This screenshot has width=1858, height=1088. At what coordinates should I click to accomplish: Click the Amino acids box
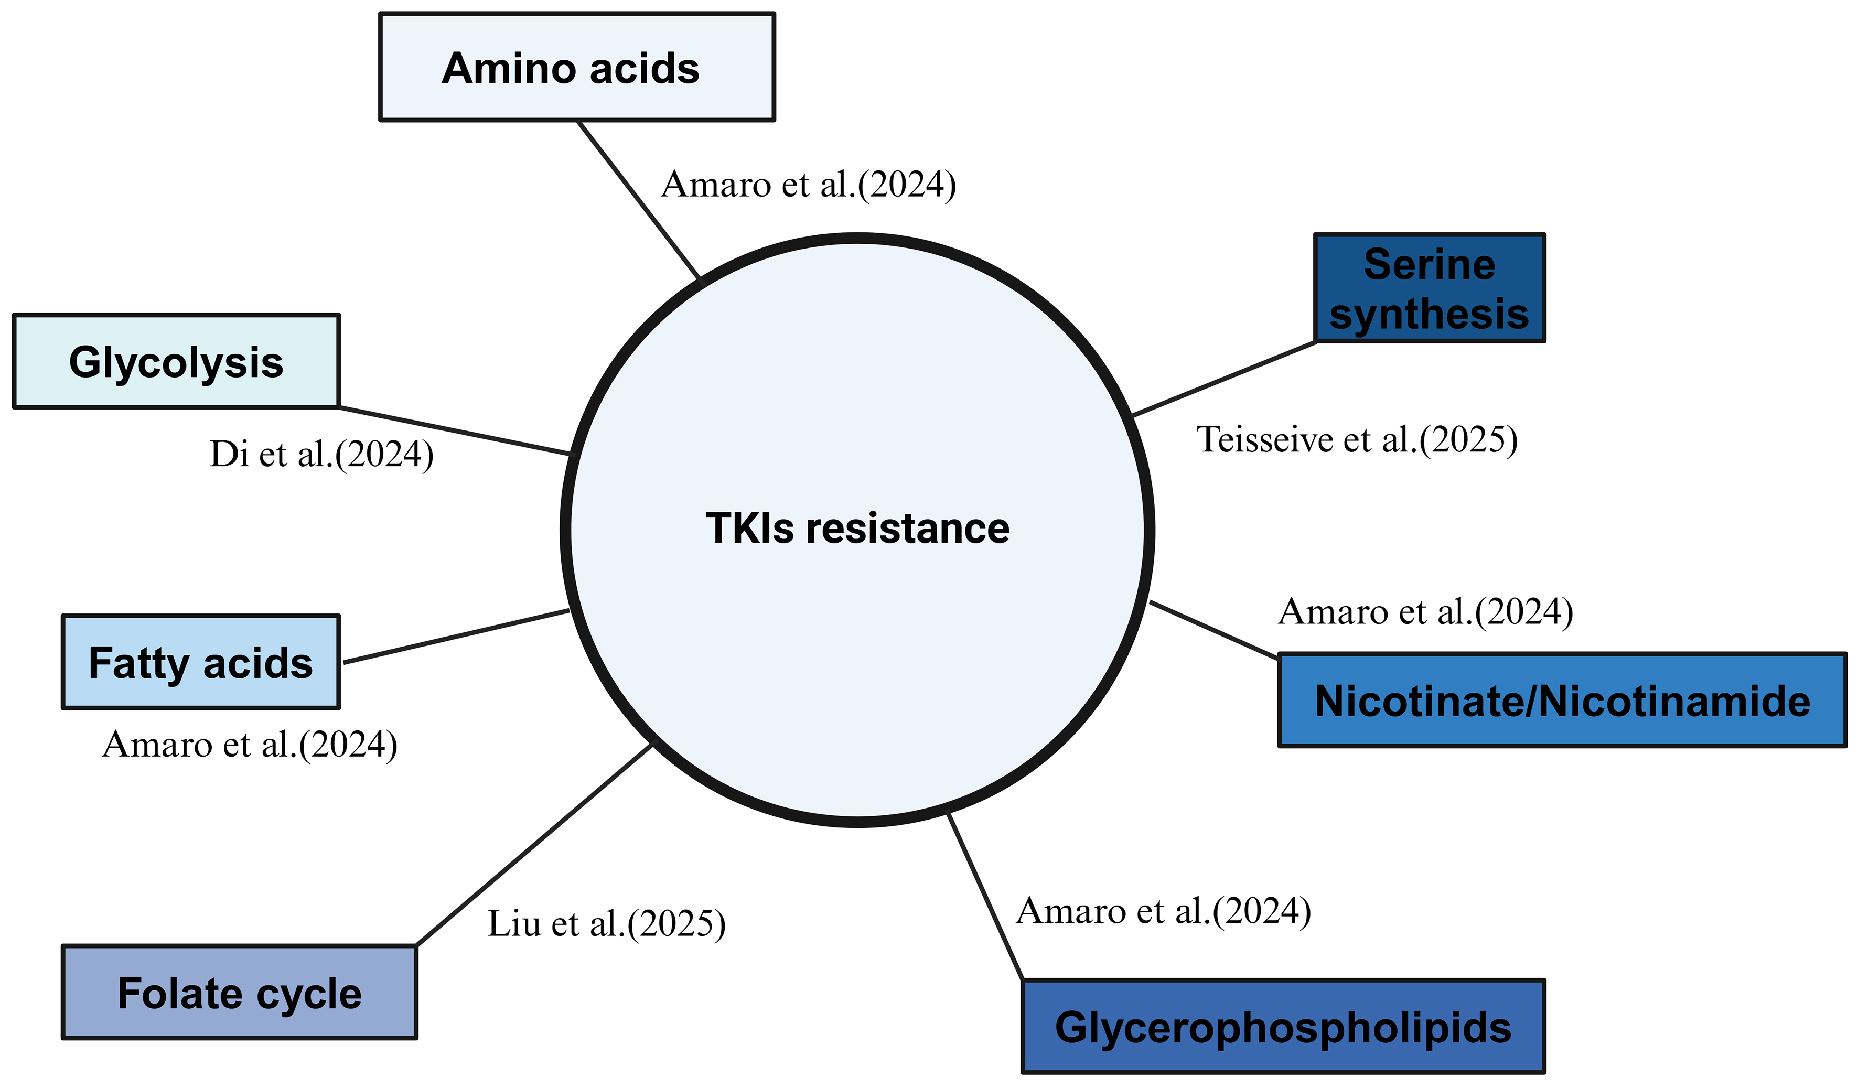point(576,67)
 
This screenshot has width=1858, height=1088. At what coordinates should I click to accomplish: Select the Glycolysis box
point(176,361)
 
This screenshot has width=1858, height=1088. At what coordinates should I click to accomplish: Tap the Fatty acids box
point(200,662)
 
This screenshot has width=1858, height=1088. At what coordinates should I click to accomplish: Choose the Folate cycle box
point(240,992)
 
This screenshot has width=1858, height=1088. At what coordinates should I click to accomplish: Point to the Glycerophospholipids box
point(1283,1026)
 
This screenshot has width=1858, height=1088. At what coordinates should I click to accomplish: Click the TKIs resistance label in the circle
point(857,528)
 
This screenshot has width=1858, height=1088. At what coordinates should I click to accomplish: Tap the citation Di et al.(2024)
point(321,454)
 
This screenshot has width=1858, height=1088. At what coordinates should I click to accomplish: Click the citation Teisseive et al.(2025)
point(1357,439)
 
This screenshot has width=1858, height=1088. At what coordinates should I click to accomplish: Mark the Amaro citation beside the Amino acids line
point(808,184)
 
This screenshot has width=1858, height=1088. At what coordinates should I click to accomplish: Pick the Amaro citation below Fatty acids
point(250,745)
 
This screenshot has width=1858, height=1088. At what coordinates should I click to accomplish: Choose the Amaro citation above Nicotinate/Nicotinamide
point(1426,611)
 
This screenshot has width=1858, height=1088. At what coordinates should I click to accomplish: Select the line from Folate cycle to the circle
point(534,845)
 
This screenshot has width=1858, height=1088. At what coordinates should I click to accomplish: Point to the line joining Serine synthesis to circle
point(1224,379)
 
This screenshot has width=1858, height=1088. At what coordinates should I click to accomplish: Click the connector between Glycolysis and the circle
point(454,430)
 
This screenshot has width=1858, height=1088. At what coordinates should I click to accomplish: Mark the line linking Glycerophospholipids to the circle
point(985,896)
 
